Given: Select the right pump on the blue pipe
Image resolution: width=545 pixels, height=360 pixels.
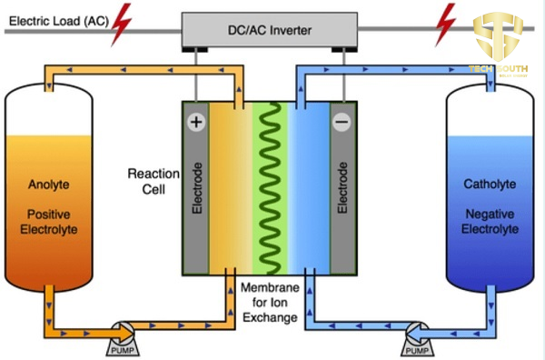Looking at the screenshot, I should click(x=418, y=335).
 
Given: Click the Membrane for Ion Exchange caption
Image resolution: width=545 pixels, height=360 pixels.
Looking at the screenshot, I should click(x=269, y=302).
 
